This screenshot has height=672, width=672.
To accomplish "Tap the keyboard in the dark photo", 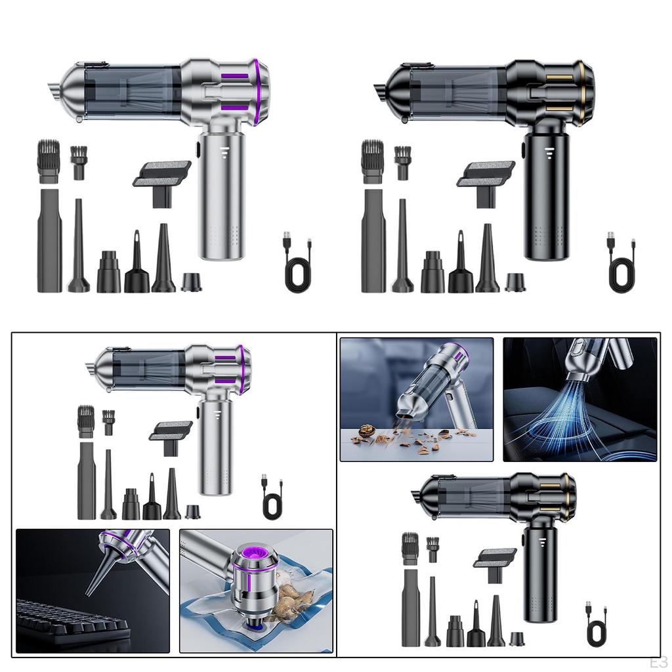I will tap(72, 621).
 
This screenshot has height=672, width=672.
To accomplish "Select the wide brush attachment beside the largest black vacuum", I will tap(372, 161).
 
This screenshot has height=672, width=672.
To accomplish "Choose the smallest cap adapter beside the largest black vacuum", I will tap(515, 282).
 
